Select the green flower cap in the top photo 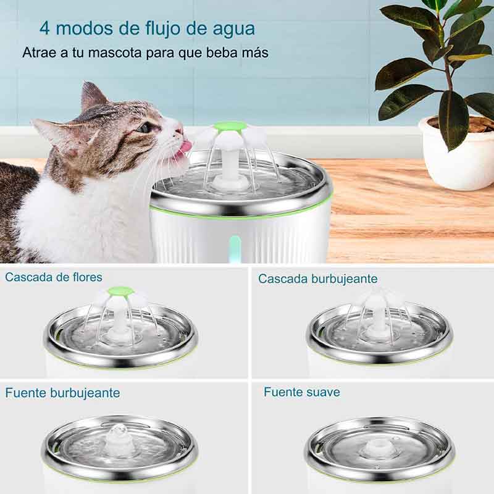click(x=230, y=127)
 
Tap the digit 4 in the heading click(x=44, y=29)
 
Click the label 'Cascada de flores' click(x=54, y=277)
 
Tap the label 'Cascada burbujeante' click(x=318, y=279)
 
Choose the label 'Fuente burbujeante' click(x=62, y=393)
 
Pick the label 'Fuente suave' click(x=302, y=391)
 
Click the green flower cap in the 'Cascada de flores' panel click(x=121, y=291)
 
